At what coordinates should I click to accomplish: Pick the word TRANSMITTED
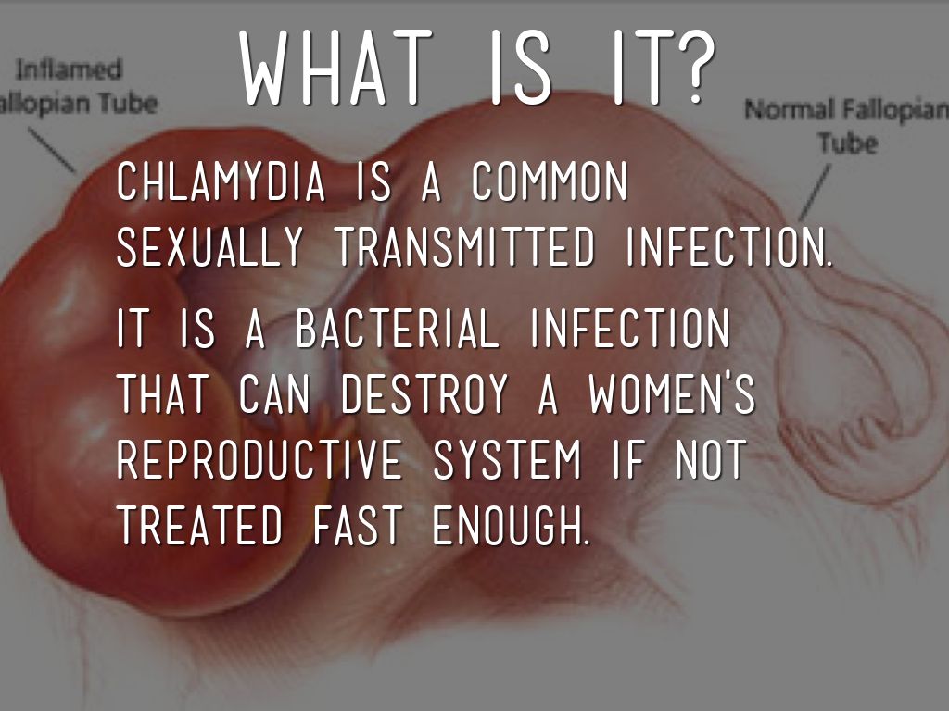click(x=463, y=247)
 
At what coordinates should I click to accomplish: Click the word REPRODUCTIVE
click(x=259, y=460)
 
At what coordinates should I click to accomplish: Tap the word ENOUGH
click(x=509, y=525)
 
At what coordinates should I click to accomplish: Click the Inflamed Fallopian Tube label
click(x=79, y=84)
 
